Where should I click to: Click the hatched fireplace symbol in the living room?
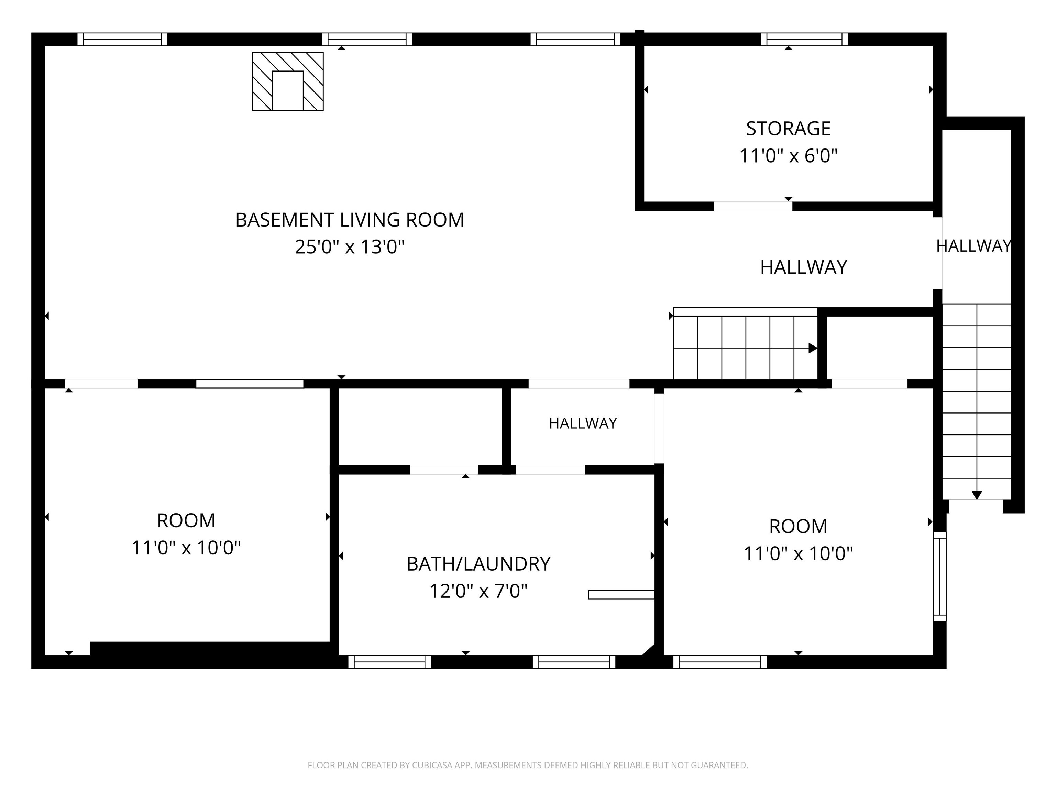[288, 81]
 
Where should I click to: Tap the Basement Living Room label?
[350, 220]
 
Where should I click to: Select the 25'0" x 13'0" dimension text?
[350, 247]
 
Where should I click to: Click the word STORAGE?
[788, 129]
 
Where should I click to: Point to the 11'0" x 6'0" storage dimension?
[788, 156]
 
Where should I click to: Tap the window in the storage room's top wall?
[804, 39]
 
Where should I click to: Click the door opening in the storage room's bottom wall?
[753, 206]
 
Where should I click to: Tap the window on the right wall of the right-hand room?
[939, 576]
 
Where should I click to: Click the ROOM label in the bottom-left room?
[186, 521]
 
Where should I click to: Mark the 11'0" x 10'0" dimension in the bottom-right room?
[798, 554]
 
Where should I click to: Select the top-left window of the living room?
[122, 39]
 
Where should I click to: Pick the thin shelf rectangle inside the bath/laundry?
[621, 595]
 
